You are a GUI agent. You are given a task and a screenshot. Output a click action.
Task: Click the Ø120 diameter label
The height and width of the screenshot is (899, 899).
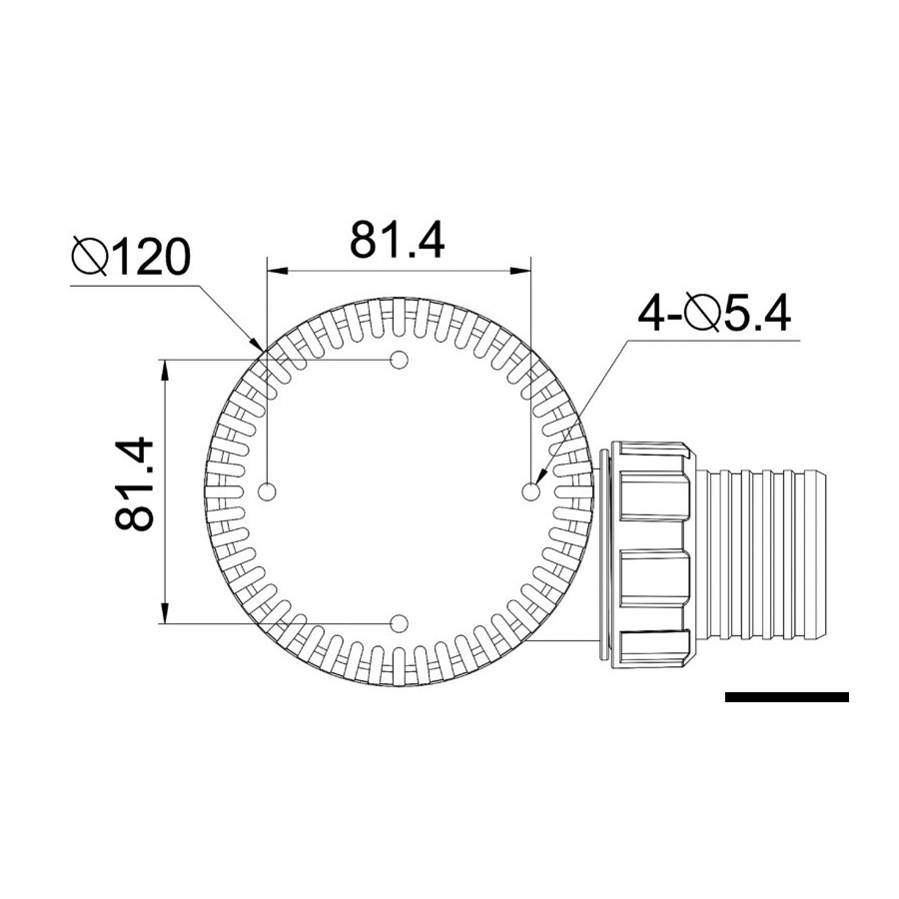[131, 257]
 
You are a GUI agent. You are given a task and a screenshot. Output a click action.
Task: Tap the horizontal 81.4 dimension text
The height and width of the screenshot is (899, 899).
[398, 240]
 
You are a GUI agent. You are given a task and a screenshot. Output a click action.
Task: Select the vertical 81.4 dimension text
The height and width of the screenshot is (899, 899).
[135, 485]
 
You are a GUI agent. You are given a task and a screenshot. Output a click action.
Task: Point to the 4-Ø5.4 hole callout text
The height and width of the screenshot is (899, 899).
[714, 314]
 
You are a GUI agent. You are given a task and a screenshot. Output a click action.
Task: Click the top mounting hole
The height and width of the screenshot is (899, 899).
[399, 360]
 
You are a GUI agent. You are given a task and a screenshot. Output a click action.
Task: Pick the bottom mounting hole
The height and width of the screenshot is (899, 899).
[399, 622]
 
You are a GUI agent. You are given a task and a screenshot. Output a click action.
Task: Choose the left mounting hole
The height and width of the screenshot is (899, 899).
[268, 491]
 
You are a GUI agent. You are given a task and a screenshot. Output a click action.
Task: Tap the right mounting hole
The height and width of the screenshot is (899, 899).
[531, 491]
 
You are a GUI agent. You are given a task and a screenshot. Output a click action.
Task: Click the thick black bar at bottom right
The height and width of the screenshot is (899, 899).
[787, 697]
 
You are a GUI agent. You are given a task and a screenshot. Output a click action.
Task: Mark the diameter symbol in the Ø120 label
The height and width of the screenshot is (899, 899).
[90, 257]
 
